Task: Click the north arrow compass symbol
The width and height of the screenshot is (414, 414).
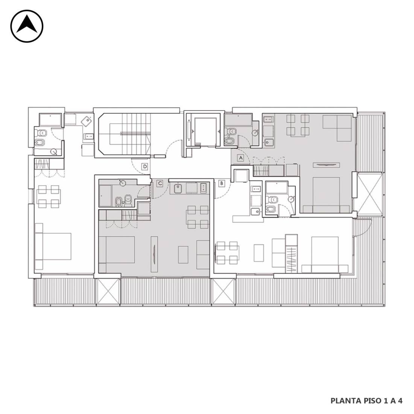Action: pyautogui.click(x=27, y=26)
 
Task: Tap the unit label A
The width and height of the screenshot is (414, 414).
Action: pyautogui.click(x=240, y=158)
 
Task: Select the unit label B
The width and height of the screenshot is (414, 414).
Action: pyautogui.click(x=222, y=183)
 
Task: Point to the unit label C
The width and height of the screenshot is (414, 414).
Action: pyautogui.click(x=160, y=183)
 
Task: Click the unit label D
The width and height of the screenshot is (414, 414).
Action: pyautogui.click(x=145, y=167)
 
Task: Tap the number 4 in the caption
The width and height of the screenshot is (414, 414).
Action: pyautogui.click(x=400, y=400)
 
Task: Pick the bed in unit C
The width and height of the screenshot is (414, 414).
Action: pyautogui.click(x=117, y=250)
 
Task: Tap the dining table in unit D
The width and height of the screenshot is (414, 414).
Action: pyautogui.click(x=48, y=196)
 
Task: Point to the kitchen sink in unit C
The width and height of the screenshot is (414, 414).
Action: pyautogui.click(x=178, y=188)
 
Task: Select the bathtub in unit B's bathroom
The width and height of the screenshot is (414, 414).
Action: pyautogui.click(x=277, y=187)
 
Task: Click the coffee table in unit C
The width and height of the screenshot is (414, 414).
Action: pyautogui.click(x=183, y=254)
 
